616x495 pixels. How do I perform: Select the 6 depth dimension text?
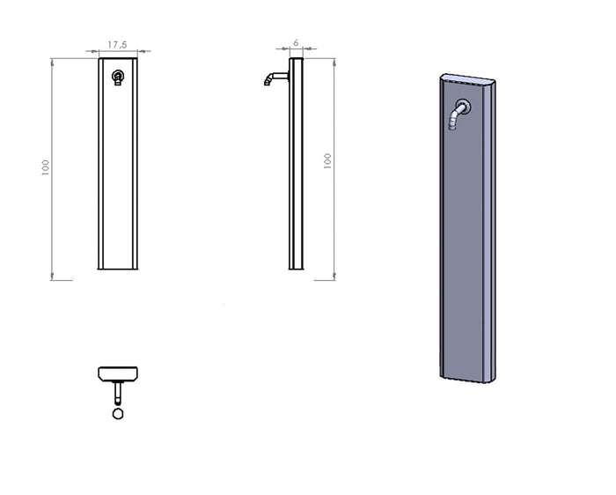(x=297, y=41)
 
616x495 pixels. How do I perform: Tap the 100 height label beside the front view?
(x=45, y=167)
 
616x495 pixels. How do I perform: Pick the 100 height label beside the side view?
(x=328, y=161)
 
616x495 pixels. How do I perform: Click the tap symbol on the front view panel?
(x=118, y=78)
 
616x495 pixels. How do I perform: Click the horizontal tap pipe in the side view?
(x=281, y=76)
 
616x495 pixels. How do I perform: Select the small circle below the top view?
(x=118, y=413)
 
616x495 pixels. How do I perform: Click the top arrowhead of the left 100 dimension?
(x=54, y=62)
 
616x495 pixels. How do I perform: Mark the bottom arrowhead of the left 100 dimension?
(x=54, y=276)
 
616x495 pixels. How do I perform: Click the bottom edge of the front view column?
(x=118, y=270)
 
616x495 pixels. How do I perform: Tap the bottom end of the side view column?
(x=296, y=270)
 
